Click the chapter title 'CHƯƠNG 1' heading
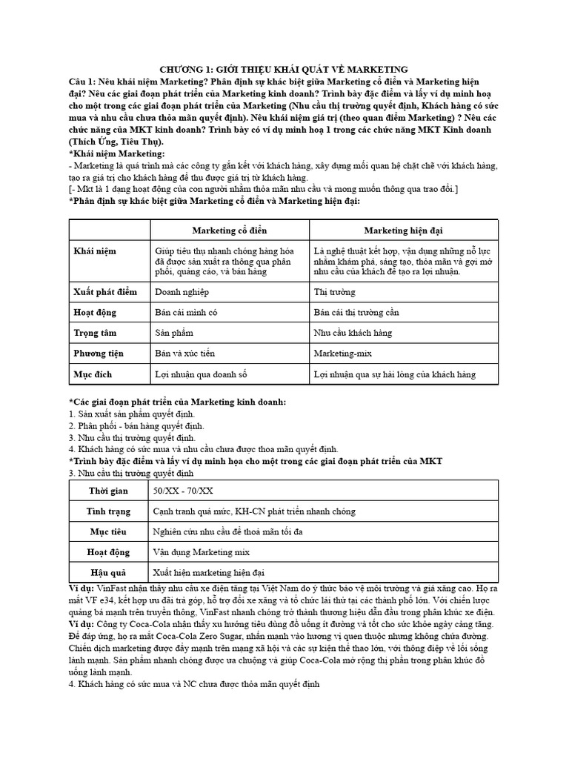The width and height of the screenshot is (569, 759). pos(284,69)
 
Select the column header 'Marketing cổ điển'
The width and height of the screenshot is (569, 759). pos(229,231)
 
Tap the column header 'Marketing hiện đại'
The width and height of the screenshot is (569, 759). pos(404,231)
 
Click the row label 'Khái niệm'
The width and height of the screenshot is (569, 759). pos(95,251)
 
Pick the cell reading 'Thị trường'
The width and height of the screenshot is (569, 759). pos(335,292)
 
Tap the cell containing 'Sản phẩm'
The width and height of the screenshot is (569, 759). pos(174,334)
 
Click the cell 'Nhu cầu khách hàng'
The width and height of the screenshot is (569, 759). pos(353,334)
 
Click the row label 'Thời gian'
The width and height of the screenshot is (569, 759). pos(108,491)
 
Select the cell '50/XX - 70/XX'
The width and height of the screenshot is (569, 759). pos(182,491)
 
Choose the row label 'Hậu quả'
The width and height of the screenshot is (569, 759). pos(108,572)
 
